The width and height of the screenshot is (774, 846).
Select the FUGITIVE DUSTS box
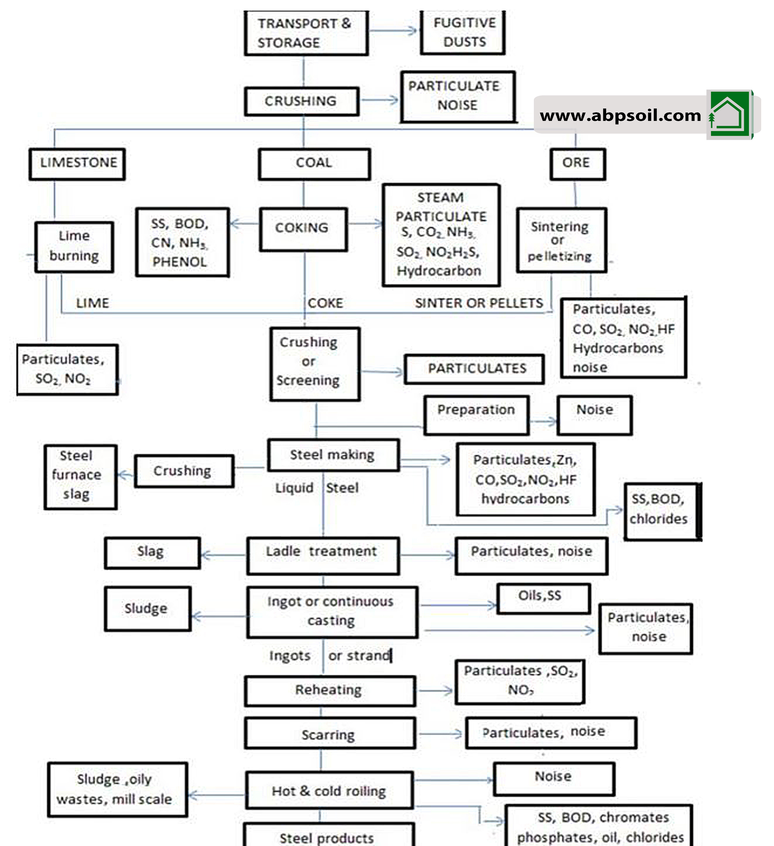463,32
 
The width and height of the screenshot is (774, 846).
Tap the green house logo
729,114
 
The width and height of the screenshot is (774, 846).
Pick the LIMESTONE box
77,164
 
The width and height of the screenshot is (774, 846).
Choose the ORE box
577,164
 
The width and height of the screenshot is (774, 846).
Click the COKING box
303,229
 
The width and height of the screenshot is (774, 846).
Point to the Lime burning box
74,247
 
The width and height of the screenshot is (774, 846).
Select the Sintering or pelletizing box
561,240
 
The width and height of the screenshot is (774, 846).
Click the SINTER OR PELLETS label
478,303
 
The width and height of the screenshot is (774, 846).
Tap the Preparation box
476,415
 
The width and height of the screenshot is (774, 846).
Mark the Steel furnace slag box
80,477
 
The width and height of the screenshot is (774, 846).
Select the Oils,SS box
543,598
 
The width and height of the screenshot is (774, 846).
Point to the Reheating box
330,690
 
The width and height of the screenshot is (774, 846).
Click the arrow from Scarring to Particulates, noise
441,734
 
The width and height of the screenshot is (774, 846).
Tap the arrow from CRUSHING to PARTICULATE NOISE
380,100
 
